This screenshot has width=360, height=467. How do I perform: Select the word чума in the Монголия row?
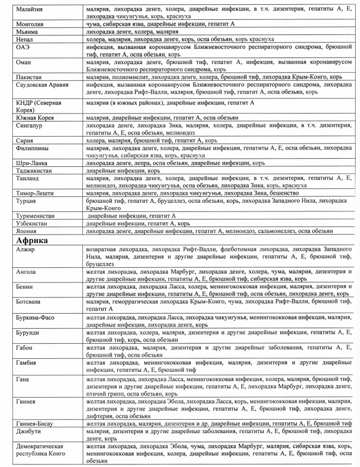coord(95,24)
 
